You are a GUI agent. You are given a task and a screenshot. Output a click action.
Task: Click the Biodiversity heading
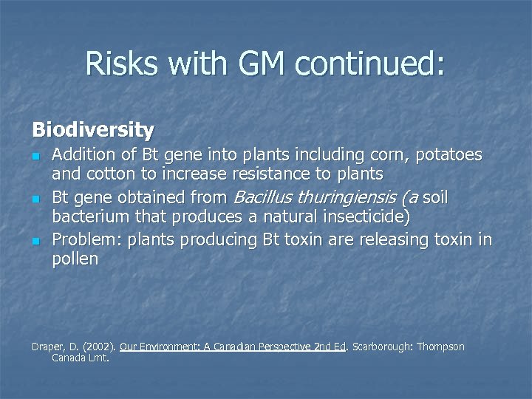pos(93,130)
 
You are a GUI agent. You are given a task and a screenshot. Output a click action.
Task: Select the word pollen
pos(75,259)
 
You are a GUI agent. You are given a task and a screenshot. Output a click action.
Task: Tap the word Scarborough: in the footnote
pos(381,347)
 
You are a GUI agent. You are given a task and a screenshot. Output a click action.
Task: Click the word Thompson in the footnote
pos(441,347)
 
